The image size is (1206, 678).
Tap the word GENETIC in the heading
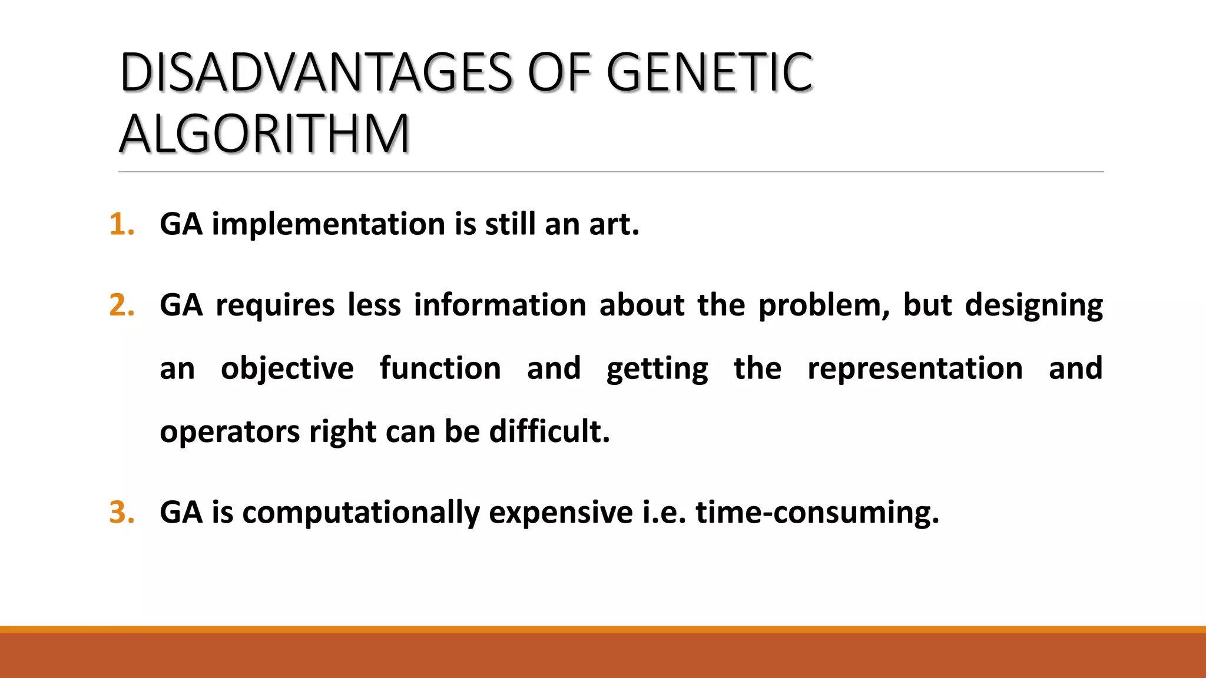[710, 73]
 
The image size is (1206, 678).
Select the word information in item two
[499, 305]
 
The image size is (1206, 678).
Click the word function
[440, 368]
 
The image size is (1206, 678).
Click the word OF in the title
[559, 73]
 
